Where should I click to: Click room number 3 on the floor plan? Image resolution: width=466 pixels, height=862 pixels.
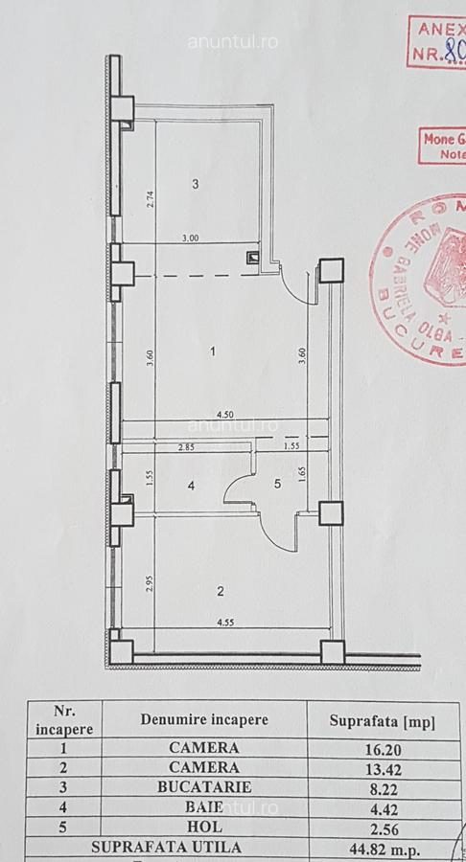click(195, 184)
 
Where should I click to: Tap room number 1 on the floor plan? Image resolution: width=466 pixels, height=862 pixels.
click(213, 352)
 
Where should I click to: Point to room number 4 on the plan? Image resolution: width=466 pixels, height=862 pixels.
click(191, 486)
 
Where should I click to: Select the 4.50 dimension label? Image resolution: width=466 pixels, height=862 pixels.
click(225, 415)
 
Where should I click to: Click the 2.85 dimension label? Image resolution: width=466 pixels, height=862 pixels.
click(186, 447)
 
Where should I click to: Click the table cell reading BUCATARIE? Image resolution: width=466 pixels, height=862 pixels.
click(203, 789)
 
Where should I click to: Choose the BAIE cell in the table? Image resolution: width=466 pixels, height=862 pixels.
click(203, 809)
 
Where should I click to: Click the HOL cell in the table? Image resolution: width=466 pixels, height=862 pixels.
click(203, 828)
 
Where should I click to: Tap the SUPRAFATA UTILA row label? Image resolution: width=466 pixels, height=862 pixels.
click(167, 848)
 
